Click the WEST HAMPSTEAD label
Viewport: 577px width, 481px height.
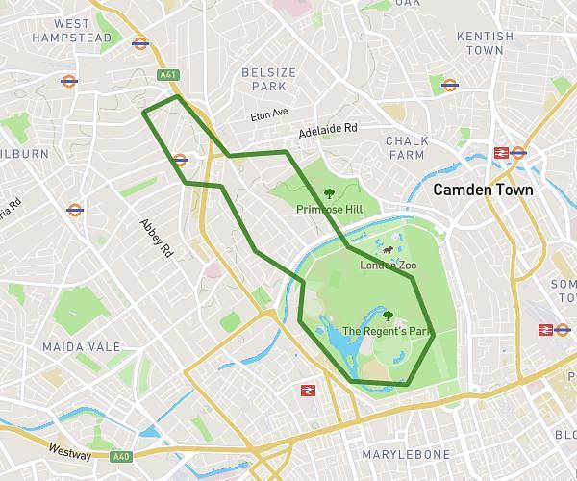(71, 31)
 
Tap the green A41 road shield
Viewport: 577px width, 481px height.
(169, 74)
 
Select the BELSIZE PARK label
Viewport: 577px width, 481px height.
(263, 79)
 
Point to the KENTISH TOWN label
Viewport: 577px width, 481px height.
(486, 42)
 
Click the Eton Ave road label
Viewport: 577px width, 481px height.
(269, 114)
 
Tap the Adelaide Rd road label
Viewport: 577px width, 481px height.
(327, 129)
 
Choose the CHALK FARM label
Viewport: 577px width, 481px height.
(407, 147)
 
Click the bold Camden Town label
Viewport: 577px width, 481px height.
(483, 190)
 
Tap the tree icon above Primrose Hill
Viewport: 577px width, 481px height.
(330, 192)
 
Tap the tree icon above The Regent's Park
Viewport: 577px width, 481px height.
(388, 314)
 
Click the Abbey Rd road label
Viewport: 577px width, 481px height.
(156, 237)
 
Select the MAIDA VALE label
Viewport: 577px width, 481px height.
(82, 346)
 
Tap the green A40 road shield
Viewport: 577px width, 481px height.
(120, 457)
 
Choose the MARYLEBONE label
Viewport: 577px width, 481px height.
(406, 454)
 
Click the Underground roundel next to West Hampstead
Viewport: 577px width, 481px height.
(140, 43)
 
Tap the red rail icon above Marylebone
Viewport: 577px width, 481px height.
(309, 391)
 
